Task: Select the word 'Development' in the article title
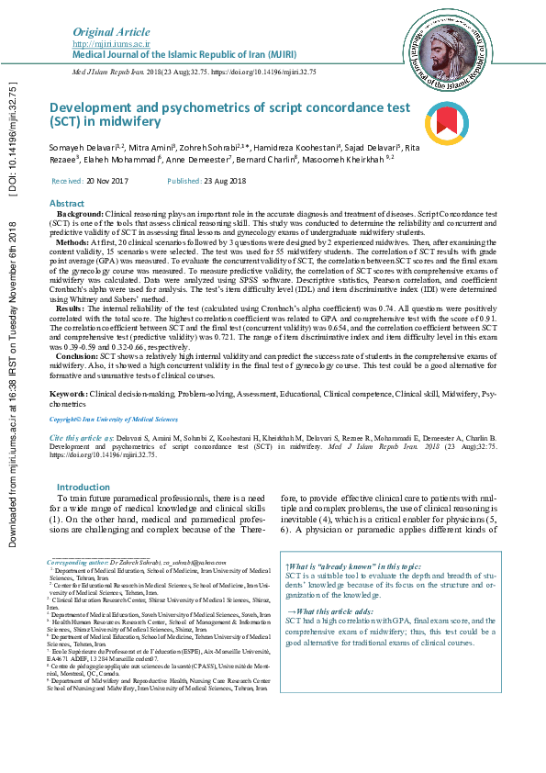pyautogui.click(x=96, y=107)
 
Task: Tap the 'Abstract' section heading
pyautogui.click(x=66, y=203)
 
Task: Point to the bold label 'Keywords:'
pyautogui.click(x=68, y=393)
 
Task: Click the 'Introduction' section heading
pyautogui.click(x=84, y=487)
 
